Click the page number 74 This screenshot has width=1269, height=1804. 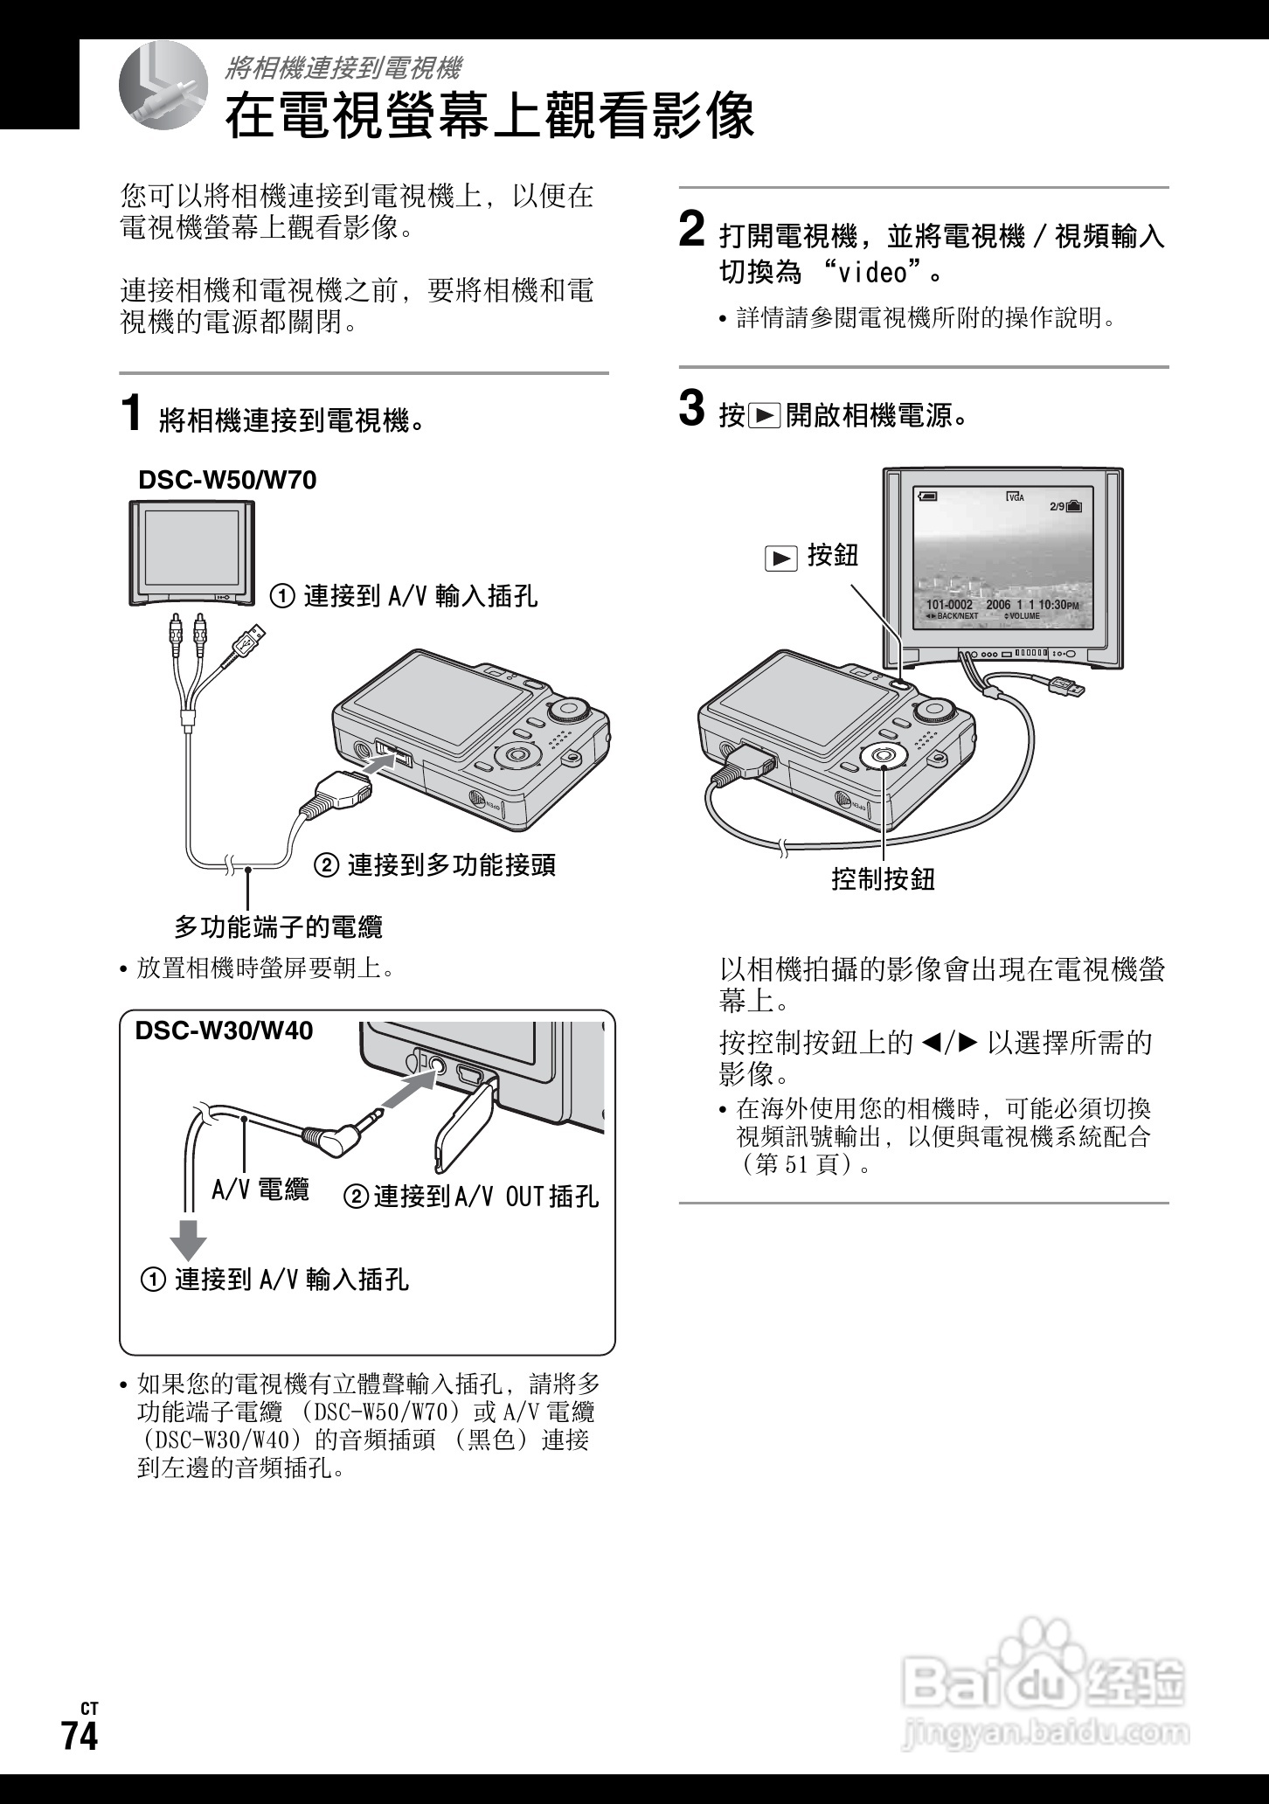[79, 1736]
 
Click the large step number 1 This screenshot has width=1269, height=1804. [131, 413]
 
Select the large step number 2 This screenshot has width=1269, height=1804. [691, 230]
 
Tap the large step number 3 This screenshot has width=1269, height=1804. [691, 409]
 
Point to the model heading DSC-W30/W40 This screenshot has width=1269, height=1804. [224, 1030]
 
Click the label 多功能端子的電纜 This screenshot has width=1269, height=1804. [279, 926]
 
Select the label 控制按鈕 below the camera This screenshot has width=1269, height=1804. [883, 878]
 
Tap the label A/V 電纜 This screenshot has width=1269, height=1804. [260, 1190]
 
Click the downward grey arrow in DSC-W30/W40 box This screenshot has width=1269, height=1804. [188, 1236]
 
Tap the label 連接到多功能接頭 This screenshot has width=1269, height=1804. [451, 865]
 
